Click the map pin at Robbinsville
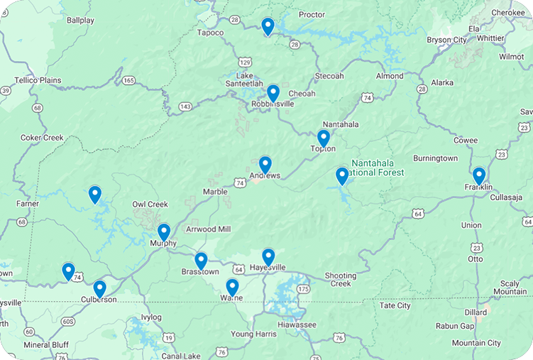[273, 93]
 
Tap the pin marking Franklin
[479, 175]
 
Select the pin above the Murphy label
[164, 231]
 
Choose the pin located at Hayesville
[268, 256]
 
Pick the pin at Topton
[324, 138]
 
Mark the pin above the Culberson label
[100, 288]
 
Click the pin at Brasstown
[201, 261]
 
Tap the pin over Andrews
[265, 165]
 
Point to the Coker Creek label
[42, 138]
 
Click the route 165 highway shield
[128, 80]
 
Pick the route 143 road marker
[185, 107]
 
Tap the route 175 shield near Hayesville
[304, 289]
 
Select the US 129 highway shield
[245, 62]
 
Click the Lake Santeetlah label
[254, 80]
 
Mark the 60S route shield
[68, 322]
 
